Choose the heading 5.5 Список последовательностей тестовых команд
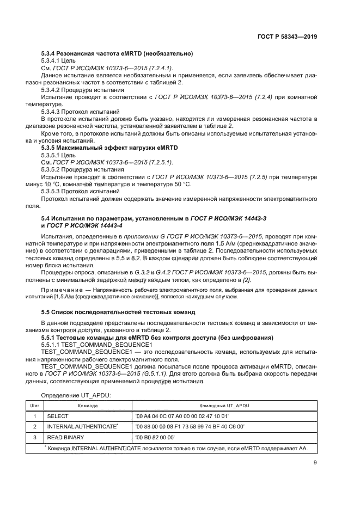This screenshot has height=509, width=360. [123, 312]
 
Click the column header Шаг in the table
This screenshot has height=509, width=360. [34, 406]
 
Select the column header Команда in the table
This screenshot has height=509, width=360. [87, 406]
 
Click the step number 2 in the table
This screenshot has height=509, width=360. [34, 426]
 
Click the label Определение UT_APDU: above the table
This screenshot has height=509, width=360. [76, 395]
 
